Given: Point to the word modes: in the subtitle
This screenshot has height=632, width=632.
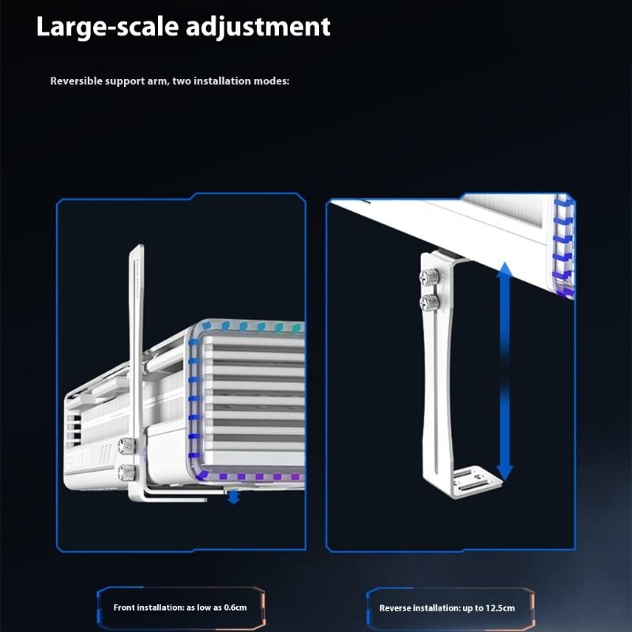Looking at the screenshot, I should [273, 81].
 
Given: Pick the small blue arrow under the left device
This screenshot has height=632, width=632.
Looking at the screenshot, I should [233, 497].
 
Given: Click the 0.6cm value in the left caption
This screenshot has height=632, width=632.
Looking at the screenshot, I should [234, 608].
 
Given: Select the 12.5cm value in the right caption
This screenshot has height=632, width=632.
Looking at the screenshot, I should [499, 608].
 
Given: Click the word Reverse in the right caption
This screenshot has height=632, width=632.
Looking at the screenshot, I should [396, 608].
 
